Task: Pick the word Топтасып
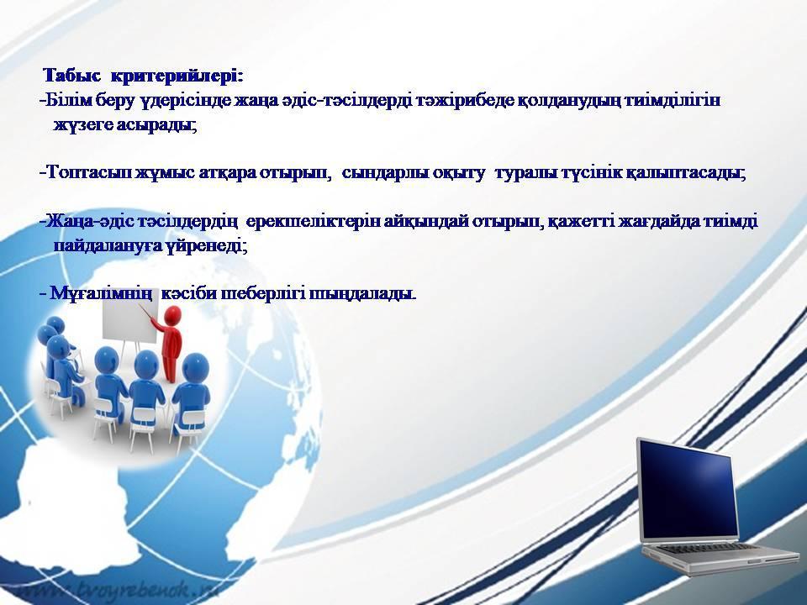coord(87,173)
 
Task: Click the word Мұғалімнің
coord(101,294)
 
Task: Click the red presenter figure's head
coord(172,315)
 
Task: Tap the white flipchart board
coord(130,323)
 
